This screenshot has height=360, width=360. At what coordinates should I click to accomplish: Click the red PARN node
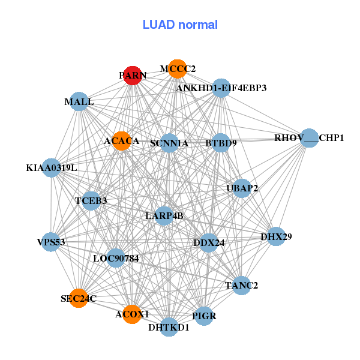[131, 76]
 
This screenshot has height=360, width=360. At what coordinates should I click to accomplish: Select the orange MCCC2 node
[176, 69]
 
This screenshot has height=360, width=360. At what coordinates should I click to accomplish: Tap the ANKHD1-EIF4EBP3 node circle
[221, 88]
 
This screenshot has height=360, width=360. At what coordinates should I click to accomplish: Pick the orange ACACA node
[121, 141]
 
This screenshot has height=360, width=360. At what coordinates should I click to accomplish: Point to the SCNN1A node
[169, 143]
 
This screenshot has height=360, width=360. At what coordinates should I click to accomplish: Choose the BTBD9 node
[221, 143]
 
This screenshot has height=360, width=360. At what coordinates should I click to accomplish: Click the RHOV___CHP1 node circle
[309, 138]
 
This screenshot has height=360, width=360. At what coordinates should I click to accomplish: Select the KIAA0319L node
[52, 167]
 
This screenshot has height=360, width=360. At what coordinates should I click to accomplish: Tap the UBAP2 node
[242, 188]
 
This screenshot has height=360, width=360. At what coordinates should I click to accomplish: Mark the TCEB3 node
[91, 200]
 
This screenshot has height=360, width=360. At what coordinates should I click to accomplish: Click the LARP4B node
[164, 215]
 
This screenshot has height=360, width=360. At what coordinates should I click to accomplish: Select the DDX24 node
[208, 243]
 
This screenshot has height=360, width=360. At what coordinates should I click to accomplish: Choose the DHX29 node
[276, 237]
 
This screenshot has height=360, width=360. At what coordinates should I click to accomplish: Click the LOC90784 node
[116, 259]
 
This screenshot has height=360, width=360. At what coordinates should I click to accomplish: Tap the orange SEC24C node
[79, 298]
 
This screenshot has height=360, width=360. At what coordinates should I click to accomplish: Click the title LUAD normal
[180, 25]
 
